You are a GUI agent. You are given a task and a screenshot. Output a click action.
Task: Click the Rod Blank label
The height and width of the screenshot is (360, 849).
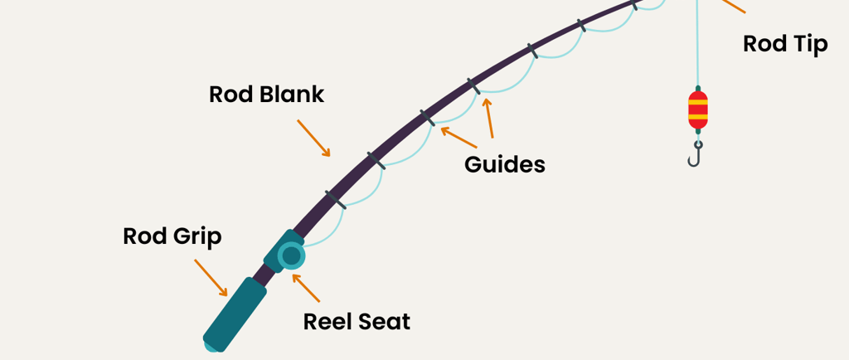coord(266,94)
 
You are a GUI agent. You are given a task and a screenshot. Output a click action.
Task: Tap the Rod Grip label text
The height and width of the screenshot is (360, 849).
coord(172,236)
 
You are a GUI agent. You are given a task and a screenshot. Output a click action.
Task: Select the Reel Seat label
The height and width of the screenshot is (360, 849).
coord(357,321)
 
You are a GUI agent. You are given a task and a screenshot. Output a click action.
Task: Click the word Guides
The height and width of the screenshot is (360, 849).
coord(504,164)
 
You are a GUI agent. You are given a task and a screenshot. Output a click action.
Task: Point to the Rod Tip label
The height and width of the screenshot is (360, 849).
coord(784,43)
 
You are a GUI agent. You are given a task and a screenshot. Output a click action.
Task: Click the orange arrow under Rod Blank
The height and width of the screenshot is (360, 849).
coord(314,138)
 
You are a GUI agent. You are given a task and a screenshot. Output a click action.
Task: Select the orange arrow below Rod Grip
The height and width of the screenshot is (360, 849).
coord(211,277)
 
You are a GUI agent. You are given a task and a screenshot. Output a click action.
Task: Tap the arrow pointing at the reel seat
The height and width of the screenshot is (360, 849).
coord(306,287)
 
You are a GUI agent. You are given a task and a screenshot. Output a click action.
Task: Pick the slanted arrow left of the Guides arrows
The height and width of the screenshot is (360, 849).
coord(458,137)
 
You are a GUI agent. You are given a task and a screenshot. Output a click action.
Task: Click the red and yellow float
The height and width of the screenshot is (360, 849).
coord(698,109)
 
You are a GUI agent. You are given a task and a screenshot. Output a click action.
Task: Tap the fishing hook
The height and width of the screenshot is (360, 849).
coord(696,153)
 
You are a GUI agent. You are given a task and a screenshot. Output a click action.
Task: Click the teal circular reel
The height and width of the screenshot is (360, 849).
coord(291,255)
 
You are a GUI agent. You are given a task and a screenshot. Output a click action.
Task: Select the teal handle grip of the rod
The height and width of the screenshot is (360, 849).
coord(235,314)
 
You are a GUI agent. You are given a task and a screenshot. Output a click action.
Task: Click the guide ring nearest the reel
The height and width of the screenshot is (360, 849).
coord(335,198)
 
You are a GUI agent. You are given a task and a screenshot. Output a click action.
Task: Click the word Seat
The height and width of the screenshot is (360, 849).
coord(384,321)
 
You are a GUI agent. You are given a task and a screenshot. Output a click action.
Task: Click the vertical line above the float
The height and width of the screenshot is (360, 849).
coord(697,50)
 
